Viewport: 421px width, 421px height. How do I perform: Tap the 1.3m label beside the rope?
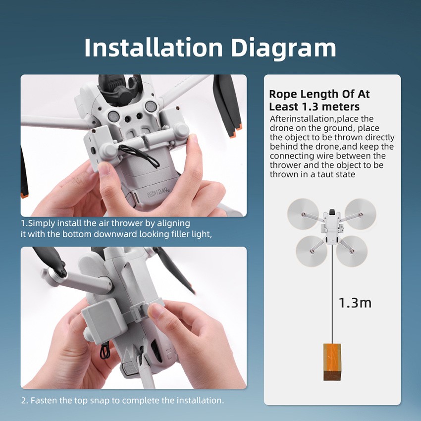pos(355,303)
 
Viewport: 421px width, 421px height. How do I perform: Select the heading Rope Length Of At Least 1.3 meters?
pos(319,100)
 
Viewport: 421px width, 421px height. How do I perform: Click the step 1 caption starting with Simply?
pos(116,228)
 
